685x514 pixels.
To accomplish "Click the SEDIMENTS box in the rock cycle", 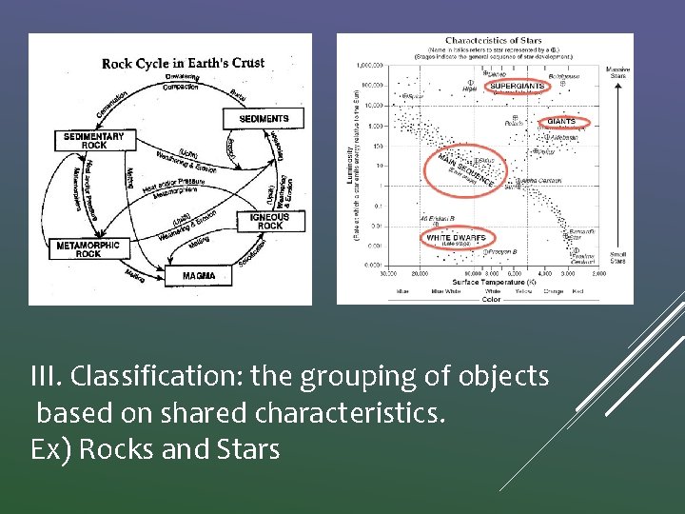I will (x=264, y=118).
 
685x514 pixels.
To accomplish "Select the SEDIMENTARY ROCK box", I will (x=94, y=141).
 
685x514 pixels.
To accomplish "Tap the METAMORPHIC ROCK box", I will (x=88, y=249).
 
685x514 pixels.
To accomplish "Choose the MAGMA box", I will (x=199, y=276).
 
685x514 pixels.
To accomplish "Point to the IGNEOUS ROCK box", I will (x=270, y=221).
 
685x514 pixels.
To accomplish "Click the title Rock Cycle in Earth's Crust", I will (x=183, y=64).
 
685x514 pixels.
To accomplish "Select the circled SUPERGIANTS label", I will (x=517, y=87).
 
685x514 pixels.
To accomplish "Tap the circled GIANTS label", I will (x=561, y=122).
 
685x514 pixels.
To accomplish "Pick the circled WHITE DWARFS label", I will (x=456, y=238).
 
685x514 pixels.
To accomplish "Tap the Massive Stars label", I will (x=616, y=72).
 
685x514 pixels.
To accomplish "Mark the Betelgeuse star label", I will (x=563, y=74).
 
